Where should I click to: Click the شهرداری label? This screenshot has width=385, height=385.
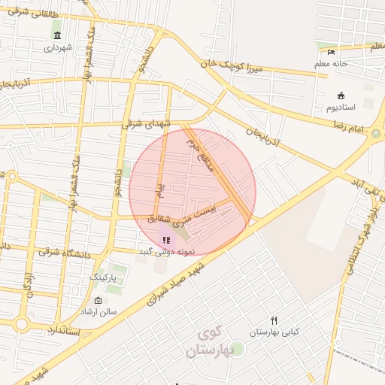[57, 48]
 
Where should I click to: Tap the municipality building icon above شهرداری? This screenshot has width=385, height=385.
[58, 35]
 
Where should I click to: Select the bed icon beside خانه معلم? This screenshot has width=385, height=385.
[332, 52]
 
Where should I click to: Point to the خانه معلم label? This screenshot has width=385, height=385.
[332, 64]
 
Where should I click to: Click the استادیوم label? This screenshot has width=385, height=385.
[342, 108]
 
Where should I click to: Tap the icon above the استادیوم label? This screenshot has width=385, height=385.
[341, 95]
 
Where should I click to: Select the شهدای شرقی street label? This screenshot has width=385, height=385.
[150, 126]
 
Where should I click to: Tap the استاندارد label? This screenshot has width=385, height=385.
[68, 331]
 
